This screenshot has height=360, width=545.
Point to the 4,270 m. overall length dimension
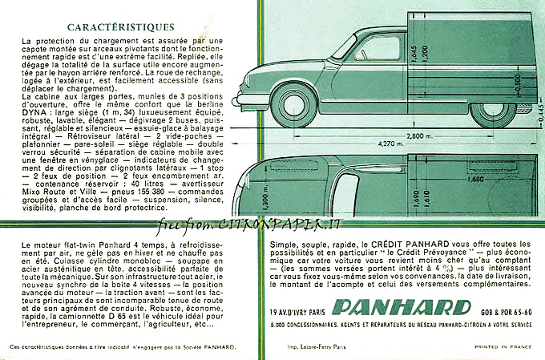pos(392,144)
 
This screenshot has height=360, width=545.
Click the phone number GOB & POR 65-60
pos(503,307)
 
